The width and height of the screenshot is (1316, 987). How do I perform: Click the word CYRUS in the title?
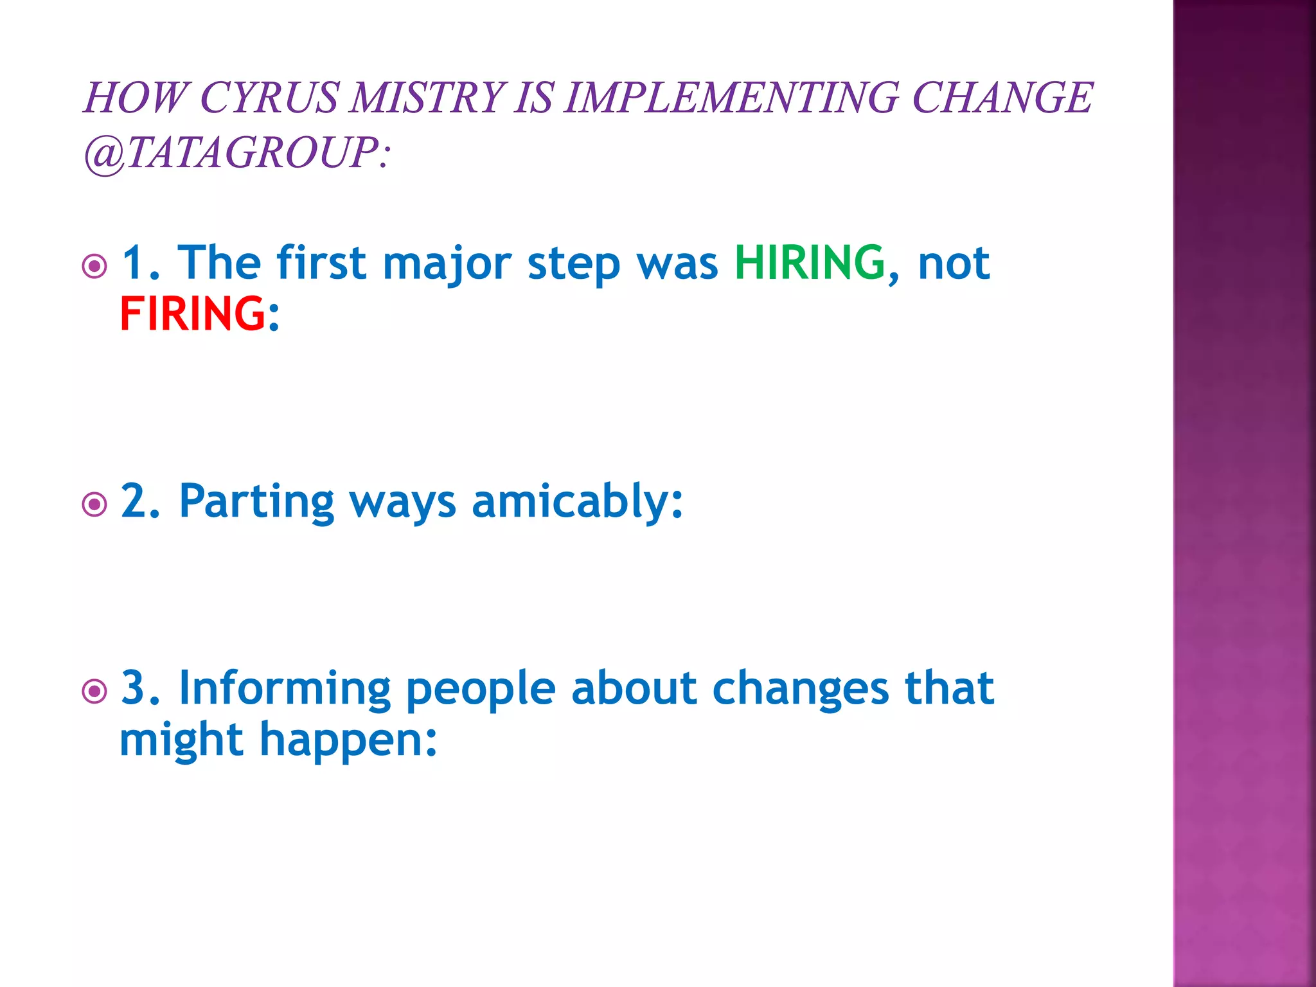pos(269,98)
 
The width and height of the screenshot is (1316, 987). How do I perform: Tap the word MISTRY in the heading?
pos(427,98)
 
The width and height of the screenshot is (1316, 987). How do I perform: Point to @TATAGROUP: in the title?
pos(236,153)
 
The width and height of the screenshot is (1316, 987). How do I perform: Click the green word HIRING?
pos(810,263)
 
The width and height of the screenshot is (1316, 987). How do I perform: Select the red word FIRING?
pos(192,314)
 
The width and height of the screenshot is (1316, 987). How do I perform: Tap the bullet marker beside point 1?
pos(95,265)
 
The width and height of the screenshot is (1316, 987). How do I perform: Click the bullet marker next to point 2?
pos(95,504)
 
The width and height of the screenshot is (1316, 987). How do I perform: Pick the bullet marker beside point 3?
pos(95,691)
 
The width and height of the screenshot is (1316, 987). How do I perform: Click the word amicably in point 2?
pos(576,501)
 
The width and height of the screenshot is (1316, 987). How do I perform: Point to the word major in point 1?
pos(447,264)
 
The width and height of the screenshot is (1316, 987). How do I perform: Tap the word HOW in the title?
pos(135,98)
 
